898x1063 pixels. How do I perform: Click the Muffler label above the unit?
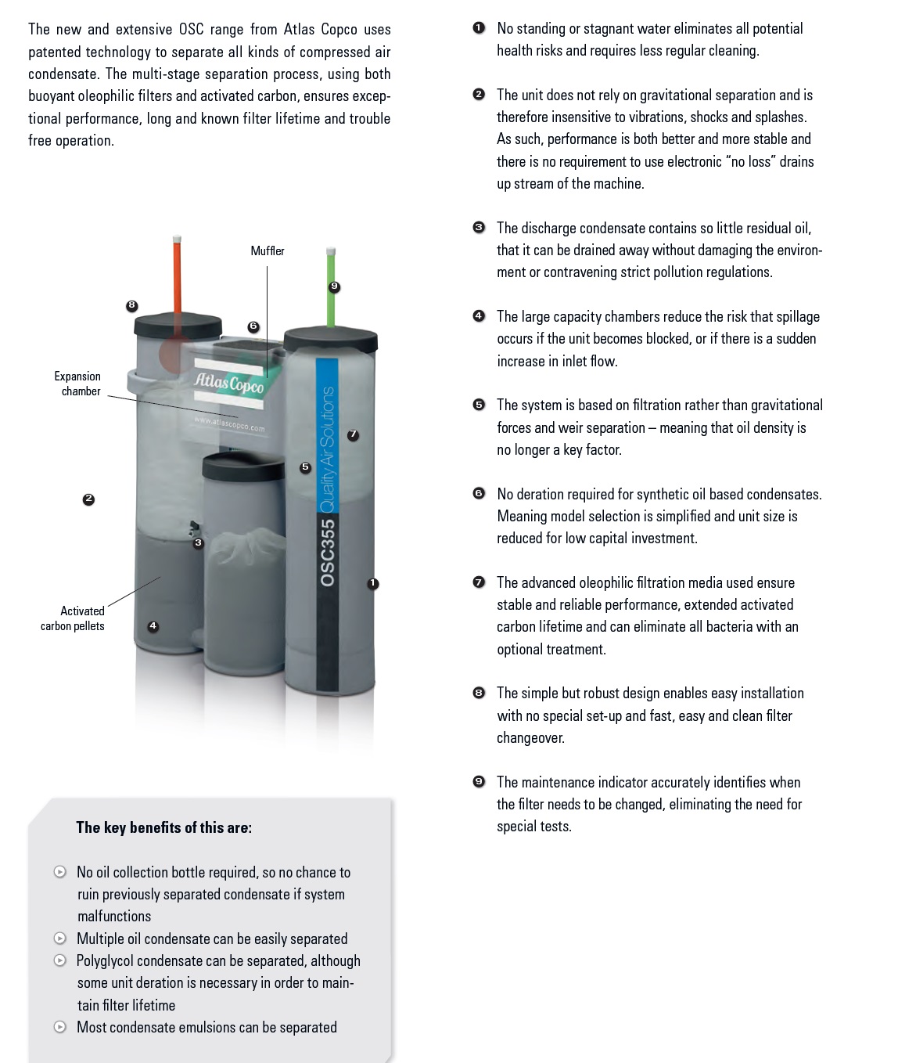(268, 251)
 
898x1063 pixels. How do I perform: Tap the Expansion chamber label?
(77, 384)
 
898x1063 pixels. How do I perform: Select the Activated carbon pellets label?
(73, 618)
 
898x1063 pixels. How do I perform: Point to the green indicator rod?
(331, 287)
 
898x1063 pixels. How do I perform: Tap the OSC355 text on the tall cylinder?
(328, 553)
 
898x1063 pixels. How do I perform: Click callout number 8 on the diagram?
(131, 306)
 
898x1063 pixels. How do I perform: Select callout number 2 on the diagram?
(88, 499)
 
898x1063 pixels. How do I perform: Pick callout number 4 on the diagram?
(153, 626)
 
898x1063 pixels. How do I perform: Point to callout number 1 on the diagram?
(372, 584)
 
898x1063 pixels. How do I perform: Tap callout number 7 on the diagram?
(353, 435)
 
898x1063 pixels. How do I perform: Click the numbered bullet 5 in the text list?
(479, 405)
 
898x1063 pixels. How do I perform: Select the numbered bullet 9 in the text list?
(479, 782)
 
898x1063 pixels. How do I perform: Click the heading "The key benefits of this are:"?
(164, 827)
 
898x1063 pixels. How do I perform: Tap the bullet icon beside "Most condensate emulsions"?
(60, 1027)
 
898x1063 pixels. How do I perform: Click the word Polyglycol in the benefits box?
(105, 961)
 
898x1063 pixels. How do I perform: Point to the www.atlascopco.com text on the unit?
(230, 425)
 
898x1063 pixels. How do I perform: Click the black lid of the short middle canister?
(243, 466)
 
